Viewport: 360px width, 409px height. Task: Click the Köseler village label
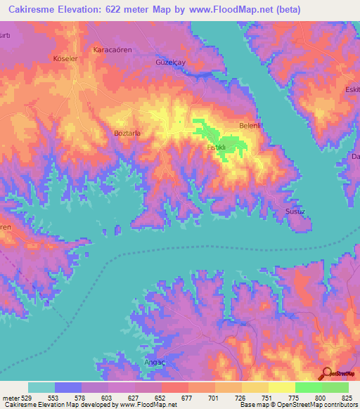(65, 58)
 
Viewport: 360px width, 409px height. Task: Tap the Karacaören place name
(113, 51)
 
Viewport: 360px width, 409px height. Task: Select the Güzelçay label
(170, 62)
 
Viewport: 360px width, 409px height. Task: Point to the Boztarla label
(128, 132)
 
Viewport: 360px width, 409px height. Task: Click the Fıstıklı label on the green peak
(216, 148)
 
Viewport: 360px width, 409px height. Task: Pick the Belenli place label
(251, 125)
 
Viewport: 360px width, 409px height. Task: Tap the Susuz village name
(293, 210)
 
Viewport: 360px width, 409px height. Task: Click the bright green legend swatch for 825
(335, 387)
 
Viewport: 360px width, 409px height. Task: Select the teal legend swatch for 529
(41, 387)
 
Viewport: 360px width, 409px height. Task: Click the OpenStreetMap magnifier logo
(327, 375)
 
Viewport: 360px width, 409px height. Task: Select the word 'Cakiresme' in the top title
(32, 10)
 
